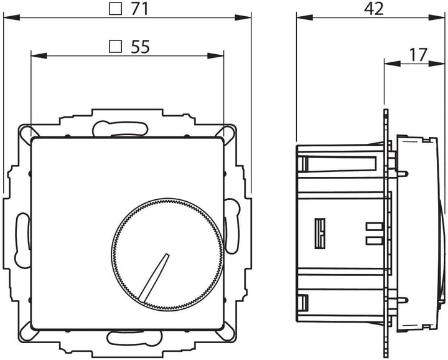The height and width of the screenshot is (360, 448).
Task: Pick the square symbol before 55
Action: pos(114,46)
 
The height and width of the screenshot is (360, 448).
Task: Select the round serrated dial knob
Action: pos(166,253)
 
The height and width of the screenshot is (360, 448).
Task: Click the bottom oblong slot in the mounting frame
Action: pos(128,338)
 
